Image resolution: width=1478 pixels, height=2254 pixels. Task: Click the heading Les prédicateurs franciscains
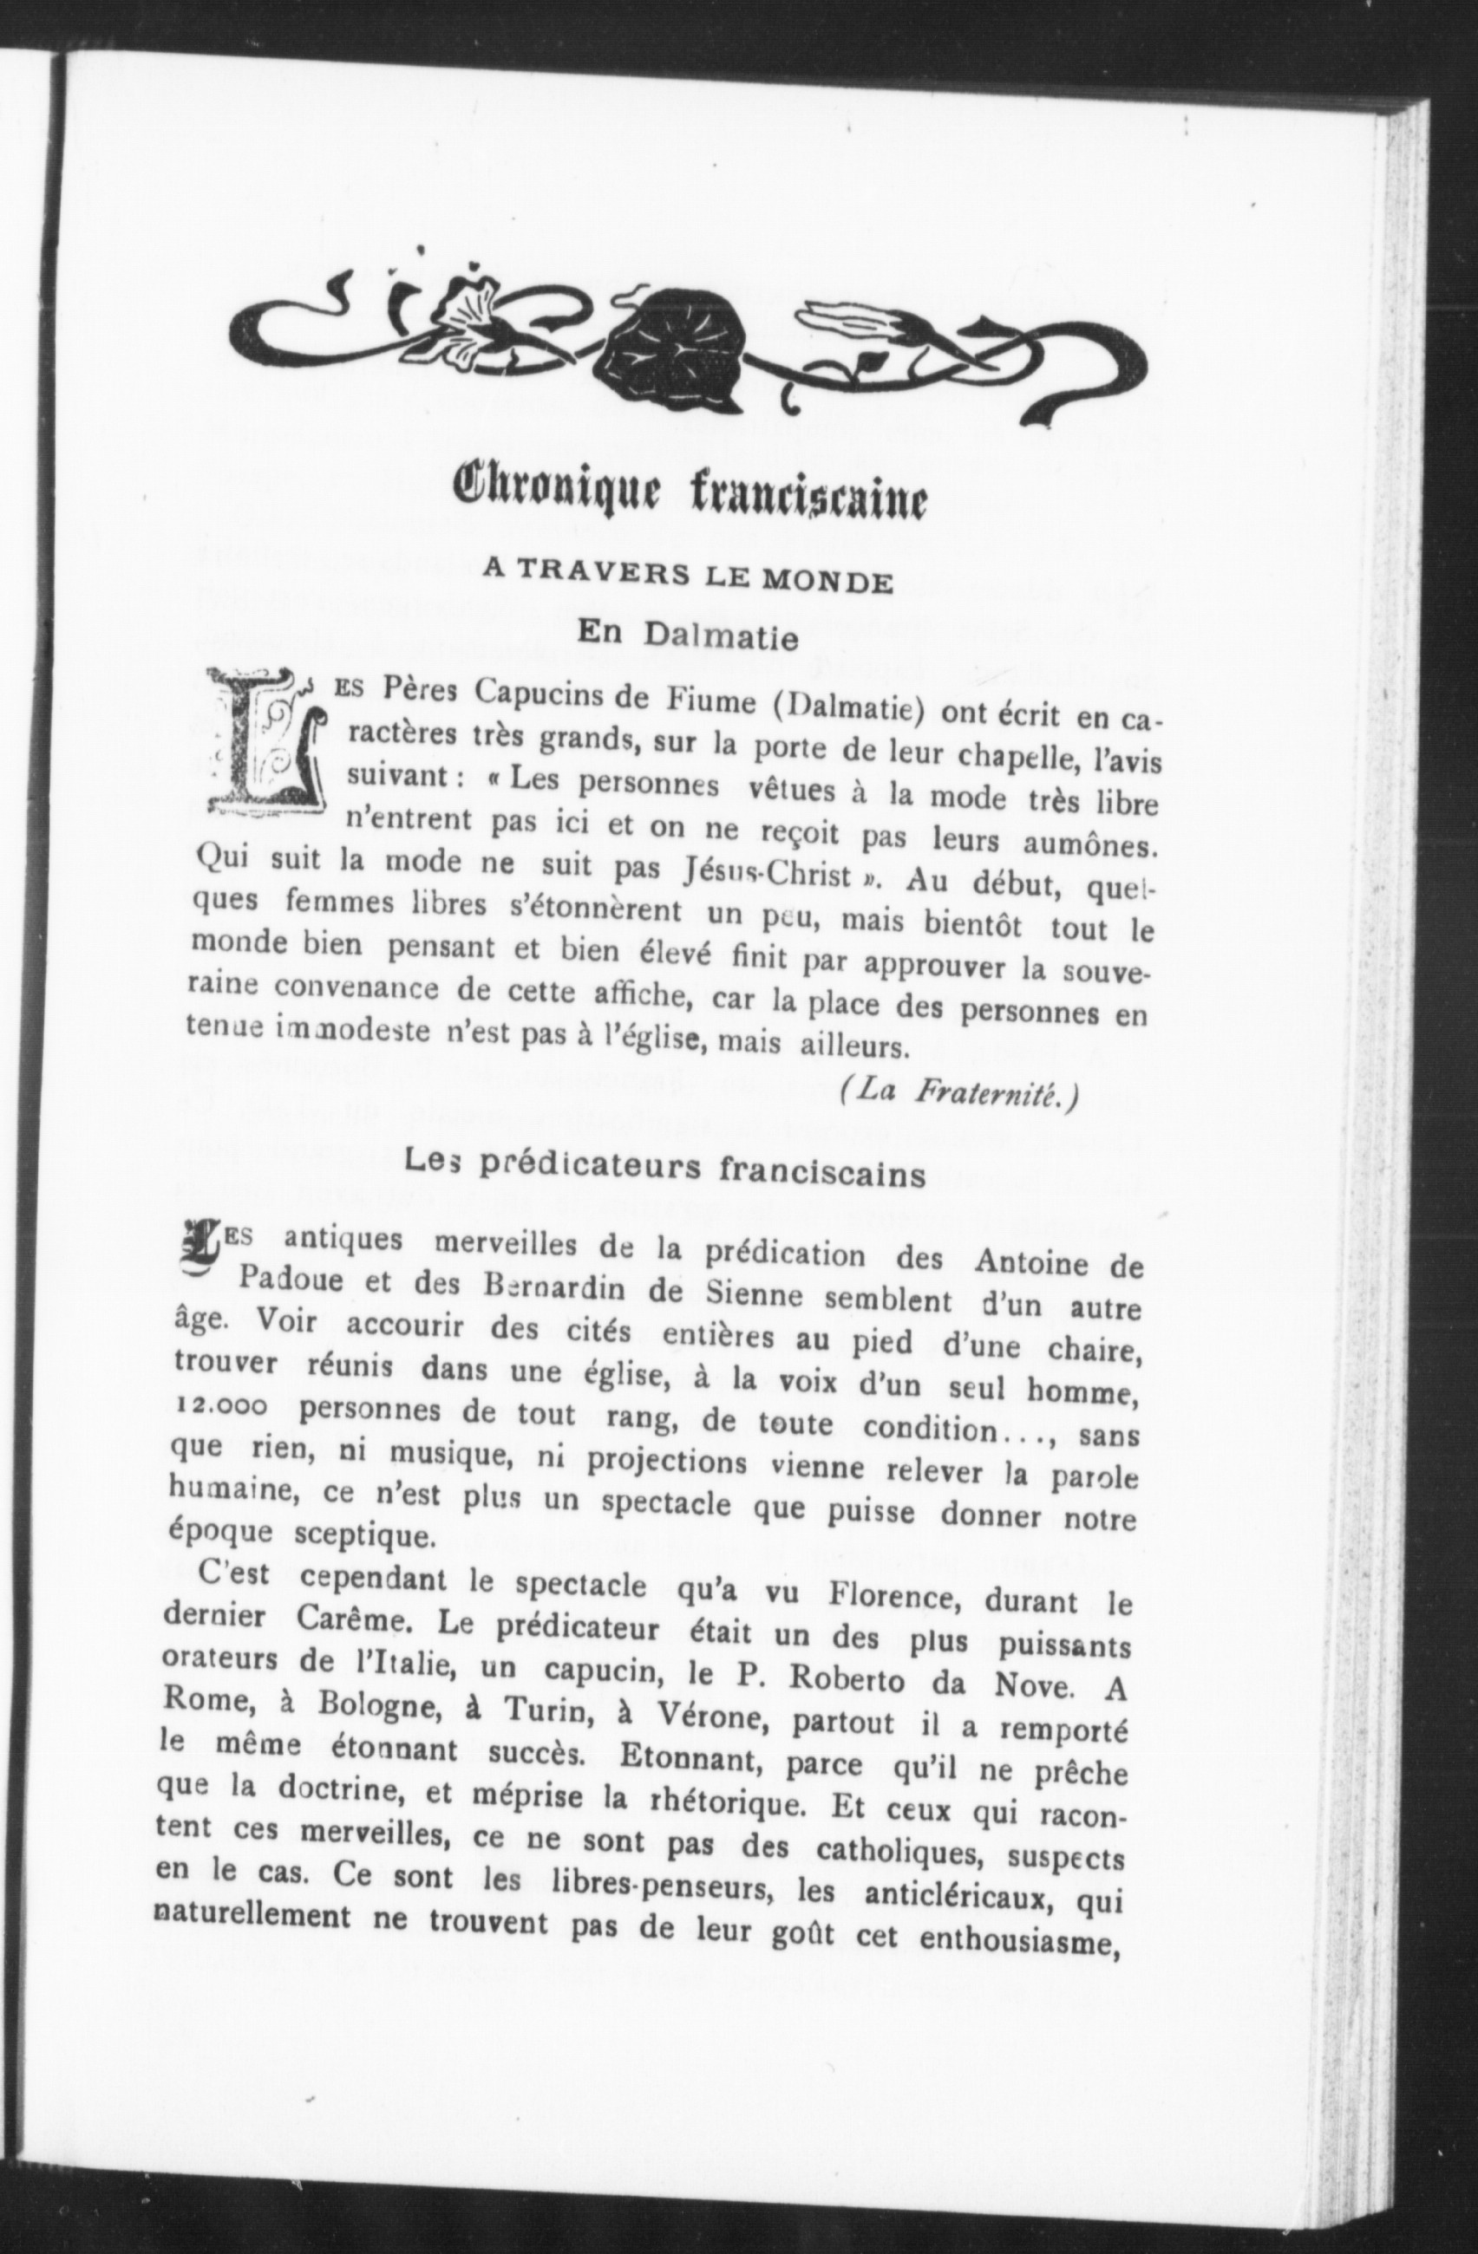(x=664, y=1170)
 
